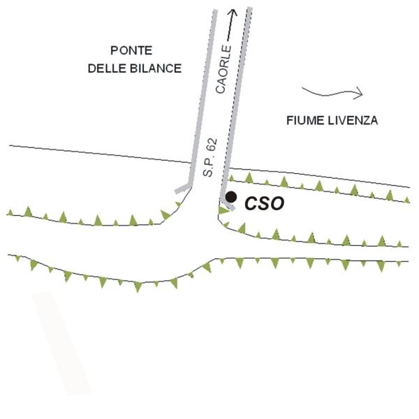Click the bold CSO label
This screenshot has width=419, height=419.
click(x=264, y=204)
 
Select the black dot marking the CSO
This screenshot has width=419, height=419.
click(x=231, y=198)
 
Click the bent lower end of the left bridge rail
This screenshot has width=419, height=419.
click(x=184, y=186)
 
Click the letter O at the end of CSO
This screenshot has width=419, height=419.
click(x=277, y=204)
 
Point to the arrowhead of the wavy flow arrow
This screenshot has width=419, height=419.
click(x=360, y=91)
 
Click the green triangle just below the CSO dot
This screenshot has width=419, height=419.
click(x=224, y=210)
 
